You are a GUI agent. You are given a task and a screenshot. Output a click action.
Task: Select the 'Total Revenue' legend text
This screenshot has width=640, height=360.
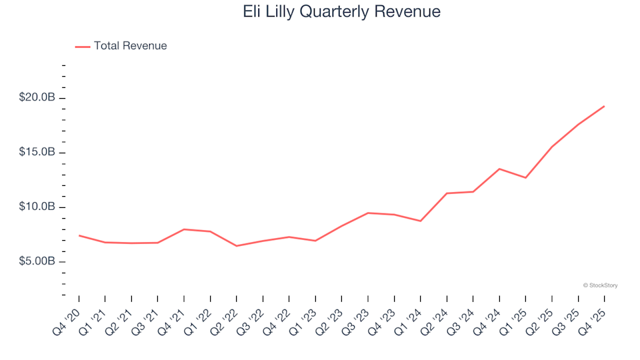[x=130, y=46]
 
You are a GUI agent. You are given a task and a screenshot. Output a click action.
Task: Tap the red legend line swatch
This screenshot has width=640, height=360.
[x=83, y=47]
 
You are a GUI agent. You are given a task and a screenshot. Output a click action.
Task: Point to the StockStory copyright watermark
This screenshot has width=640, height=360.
[x=600, y=285]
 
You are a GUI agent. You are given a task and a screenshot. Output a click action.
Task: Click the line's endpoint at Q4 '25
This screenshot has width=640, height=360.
[x=604, y=106]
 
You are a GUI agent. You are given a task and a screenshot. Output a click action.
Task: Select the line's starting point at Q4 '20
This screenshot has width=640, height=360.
[x=79, y=235]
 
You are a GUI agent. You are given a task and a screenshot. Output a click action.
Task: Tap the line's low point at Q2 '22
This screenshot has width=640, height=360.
[x=237, y=246]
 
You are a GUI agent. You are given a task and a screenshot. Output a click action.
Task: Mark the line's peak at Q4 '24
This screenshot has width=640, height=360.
[x=499, y=169]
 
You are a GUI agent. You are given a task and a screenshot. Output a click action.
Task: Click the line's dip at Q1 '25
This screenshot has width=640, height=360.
[x=525, y=177]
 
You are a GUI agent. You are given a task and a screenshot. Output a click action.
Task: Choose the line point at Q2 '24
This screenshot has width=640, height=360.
[x=447, y=193]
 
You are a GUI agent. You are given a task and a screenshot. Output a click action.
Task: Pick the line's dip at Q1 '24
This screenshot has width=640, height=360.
[x=421, y=221]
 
